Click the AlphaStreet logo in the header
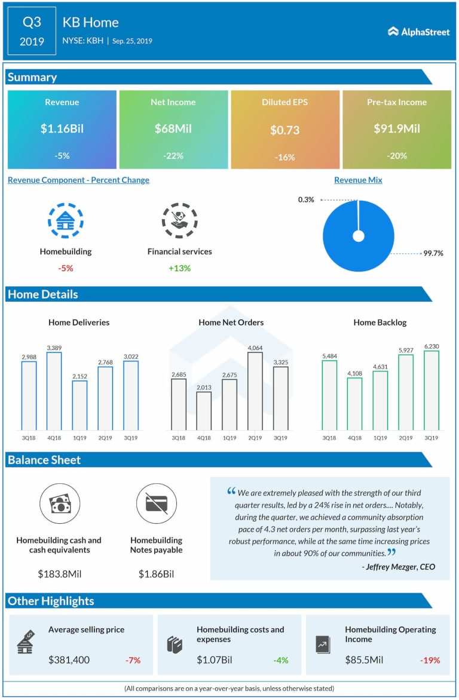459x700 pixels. coord(418,32)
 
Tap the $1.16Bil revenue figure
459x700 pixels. coord(62,128)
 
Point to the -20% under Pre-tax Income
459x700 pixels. coord(396,156)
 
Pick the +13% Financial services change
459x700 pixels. coord(179,268)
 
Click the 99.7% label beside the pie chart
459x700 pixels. coord(433,253)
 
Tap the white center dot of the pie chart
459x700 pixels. coord(359,236)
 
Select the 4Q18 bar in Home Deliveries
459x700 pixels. coord(54,391)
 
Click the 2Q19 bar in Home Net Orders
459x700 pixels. coord(255,391)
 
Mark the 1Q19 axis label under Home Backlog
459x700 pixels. coord(380,438)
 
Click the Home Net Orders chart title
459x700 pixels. coord(231,323)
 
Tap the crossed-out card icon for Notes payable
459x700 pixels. coord(156,503)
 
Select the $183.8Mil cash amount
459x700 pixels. coord(59,575)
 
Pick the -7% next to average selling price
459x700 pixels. coord(133,661)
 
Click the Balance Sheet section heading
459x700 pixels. coord(44,460)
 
